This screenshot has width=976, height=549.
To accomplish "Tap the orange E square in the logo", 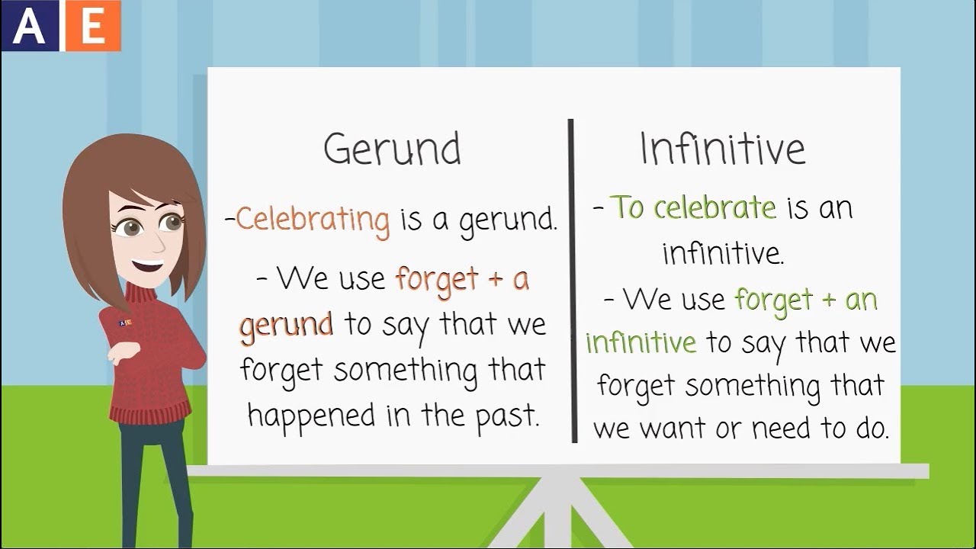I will pos(93,26).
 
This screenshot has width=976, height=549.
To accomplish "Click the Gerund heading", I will pos(392,150).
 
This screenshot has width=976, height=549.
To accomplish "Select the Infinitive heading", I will pos(722,149).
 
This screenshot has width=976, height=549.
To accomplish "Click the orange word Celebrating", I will pos(313,220).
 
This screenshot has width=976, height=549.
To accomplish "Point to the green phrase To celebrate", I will pos(694,207).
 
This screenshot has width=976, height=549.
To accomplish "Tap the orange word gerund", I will pos(286,325).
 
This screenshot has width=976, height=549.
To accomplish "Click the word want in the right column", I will pos(670,429).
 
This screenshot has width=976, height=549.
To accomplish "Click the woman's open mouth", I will pos(148,266).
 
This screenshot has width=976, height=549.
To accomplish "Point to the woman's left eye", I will pos(172,223).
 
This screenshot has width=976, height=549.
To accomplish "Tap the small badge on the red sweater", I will pos(125,323).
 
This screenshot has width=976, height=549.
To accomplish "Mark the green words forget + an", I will pos(805,300).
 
